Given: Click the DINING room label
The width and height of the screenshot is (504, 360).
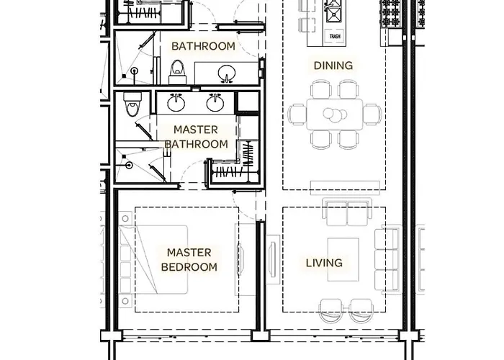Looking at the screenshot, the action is point(333,66).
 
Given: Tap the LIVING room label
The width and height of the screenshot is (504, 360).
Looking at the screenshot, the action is point(324,263).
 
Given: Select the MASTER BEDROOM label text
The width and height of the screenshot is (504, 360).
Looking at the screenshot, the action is point(189,260).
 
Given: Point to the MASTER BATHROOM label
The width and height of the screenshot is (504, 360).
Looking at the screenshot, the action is point(196,137).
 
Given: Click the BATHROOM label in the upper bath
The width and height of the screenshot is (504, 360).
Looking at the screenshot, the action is point(204,46).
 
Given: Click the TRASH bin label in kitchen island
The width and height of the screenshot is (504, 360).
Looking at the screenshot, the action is point(335,36).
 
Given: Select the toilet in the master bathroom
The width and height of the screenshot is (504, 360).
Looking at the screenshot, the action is point(132,104).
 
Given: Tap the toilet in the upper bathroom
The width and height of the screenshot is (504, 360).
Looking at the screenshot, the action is point(178,72).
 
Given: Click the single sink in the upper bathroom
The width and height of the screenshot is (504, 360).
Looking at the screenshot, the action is point(227,74).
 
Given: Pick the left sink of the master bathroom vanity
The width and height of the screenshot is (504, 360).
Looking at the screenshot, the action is point(176,102).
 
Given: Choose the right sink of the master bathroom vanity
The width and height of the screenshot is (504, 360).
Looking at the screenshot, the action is point(215,102).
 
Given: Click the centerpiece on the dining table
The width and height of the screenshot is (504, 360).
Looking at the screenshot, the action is point(335,114).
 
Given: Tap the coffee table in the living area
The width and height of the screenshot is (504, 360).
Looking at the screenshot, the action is point(343,260).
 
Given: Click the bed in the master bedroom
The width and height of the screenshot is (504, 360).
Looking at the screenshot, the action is point(153,260).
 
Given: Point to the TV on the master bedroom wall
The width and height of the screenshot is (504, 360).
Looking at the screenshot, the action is point(240,260).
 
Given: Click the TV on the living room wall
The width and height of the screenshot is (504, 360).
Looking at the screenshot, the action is point(272,260).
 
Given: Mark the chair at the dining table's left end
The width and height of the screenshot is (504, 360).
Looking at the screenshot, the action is point(297,114).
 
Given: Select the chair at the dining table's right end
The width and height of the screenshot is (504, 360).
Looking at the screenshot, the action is point(372,114).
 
